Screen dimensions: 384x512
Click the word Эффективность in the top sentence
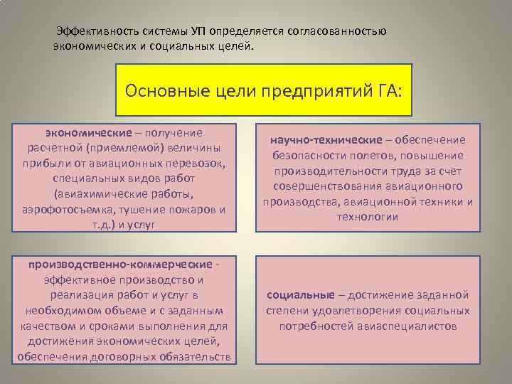pyautogui.click(x=97, y=32)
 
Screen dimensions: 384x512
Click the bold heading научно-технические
pyautogui.click(x=322, y=139)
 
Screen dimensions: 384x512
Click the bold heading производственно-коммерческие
pyautogui.click(x=119, y=265)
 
